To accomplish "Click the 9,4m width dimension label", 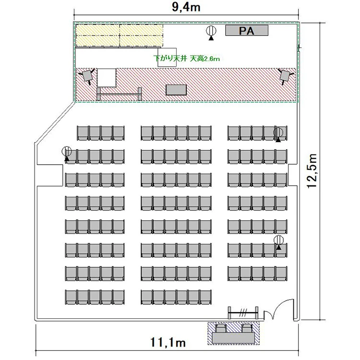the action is coord(186,7).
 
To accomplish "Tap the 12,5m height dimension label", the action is coord(312,171).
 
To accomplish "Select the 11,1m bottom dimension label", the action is coord(168,343).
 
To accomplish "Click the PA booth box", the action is coord(247,31).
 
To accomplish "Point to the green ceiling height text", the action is coord(187,59).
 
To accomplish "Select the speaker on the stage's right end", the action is coord(286,76).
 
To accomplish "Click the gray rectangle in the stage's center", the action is coord(176,90).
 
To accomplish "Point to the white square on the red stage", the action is coord(106,78).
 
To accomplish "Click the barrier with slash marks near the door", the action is coord(243,312).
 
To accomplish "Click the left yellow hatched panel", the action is coord(98,35).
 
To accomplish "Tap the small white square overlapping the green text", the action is coord(167,58).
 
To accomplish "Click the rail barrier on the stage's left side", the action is coord(119,94).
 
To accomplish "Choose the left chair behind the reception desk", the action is coord(221,328).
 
